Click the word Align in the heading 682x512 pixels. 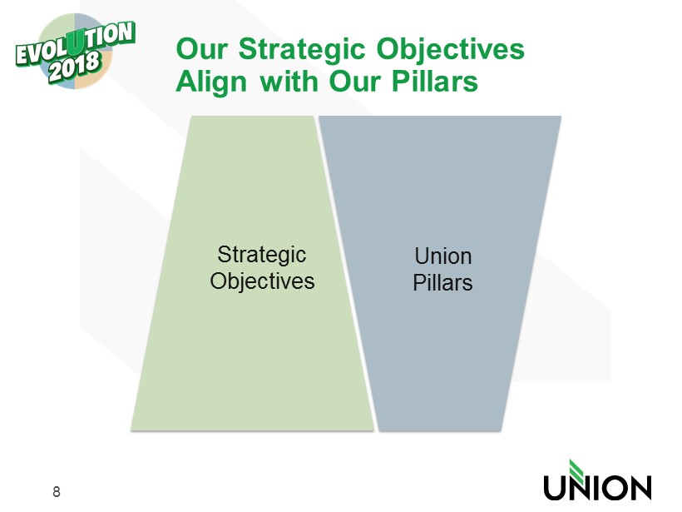[x=211, y=82]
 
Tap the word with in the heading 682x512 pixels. [x=289, y=81]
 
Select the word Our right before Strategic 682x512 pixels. [x=202, y=48]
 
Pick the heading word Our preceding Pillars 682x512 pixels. [x=354, y=81]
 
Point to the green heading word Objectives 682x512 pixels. [x=451, y=49]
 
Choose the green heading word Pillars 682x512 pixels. [x=434, y=81]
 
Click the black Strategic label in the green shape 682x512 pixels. [x=262, y=255]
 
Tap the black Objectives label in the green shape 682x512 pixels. [x=262, y=281]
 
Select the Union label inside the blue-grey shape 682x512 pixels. [x=442, y=256]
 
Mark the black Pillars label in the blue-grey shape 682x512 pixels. [x=442, y=282]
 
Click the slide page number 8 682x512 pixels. [x=56, y=491]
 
